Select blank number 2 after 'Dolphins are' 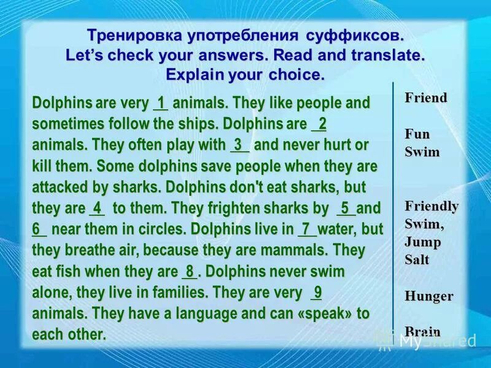click(320, 124)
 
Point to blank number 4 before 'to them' click(97, 208)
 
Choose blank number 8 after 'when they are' click(190, 271)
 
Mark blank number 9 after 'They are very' click(317, 292)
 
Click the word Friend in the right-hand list click(426, 98)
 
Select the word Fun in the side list click(417, 134)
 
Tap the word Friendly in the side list click(431, 205)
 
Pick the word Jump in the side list click(422, 242)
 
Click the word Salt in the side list click(417, 260)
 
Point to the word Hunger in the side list click(428, 296)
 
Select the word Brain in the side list click(422, 332)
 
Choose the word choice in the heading click(294, 75)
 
